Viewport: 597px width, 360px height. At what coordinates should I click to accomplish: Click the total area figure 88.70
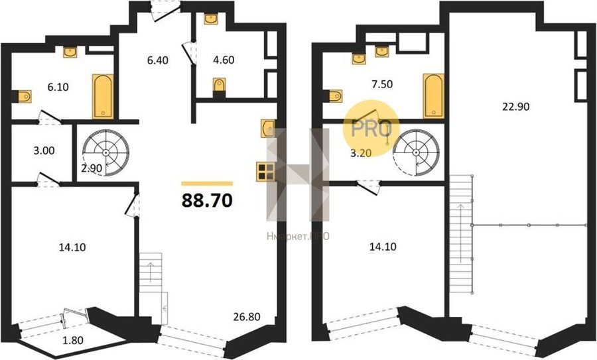click(207, 200)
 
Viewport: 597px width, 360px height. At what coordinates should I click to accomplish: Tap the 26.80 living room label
click(247, 317)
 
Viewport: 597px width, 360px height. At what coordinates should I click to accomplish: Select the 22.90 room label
click(515, 107)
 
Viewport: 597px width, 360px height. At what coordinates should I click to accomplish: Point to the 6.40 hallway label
click(158, 60)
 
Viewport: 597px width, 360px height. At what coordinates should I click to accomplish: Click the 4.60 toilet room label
click(224, 60)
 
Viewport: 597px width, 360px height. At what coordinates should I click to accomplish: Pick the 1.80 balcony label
click(72, 340)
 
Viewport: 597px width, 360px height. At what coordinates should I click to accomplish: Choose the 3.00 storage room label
click(44, 150)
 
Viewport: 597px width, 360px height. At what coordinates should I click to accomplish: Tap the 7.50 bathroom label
click(382, 84)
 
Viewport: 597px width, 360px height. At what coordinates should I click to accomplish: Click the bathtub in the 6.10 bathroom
click(103, 96)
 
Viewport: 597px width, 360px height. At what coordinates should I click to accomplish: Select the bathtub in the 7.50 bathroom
click(434, 96)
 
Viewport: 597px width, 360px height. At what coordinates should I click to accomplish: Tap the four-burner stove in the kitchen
click(265, 171)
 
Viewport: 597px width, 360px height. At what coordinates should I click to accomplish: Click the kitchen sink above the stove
click(268, 128)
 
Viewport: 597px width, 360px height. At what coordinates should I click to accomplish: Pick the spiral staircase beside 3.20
click(416, 152)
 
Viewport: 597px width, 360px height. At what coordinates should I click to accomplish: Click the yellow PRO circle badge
click(371, 128)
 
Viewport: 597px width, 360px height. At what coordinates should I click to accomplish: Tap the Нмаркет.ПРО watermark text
click(298, 237)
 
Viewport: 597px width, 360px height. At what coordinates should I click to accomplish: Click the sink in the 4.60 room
click(210, 19)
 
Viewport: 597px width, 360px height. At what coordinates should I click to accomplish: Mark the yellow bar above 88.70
click(207, 184)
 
